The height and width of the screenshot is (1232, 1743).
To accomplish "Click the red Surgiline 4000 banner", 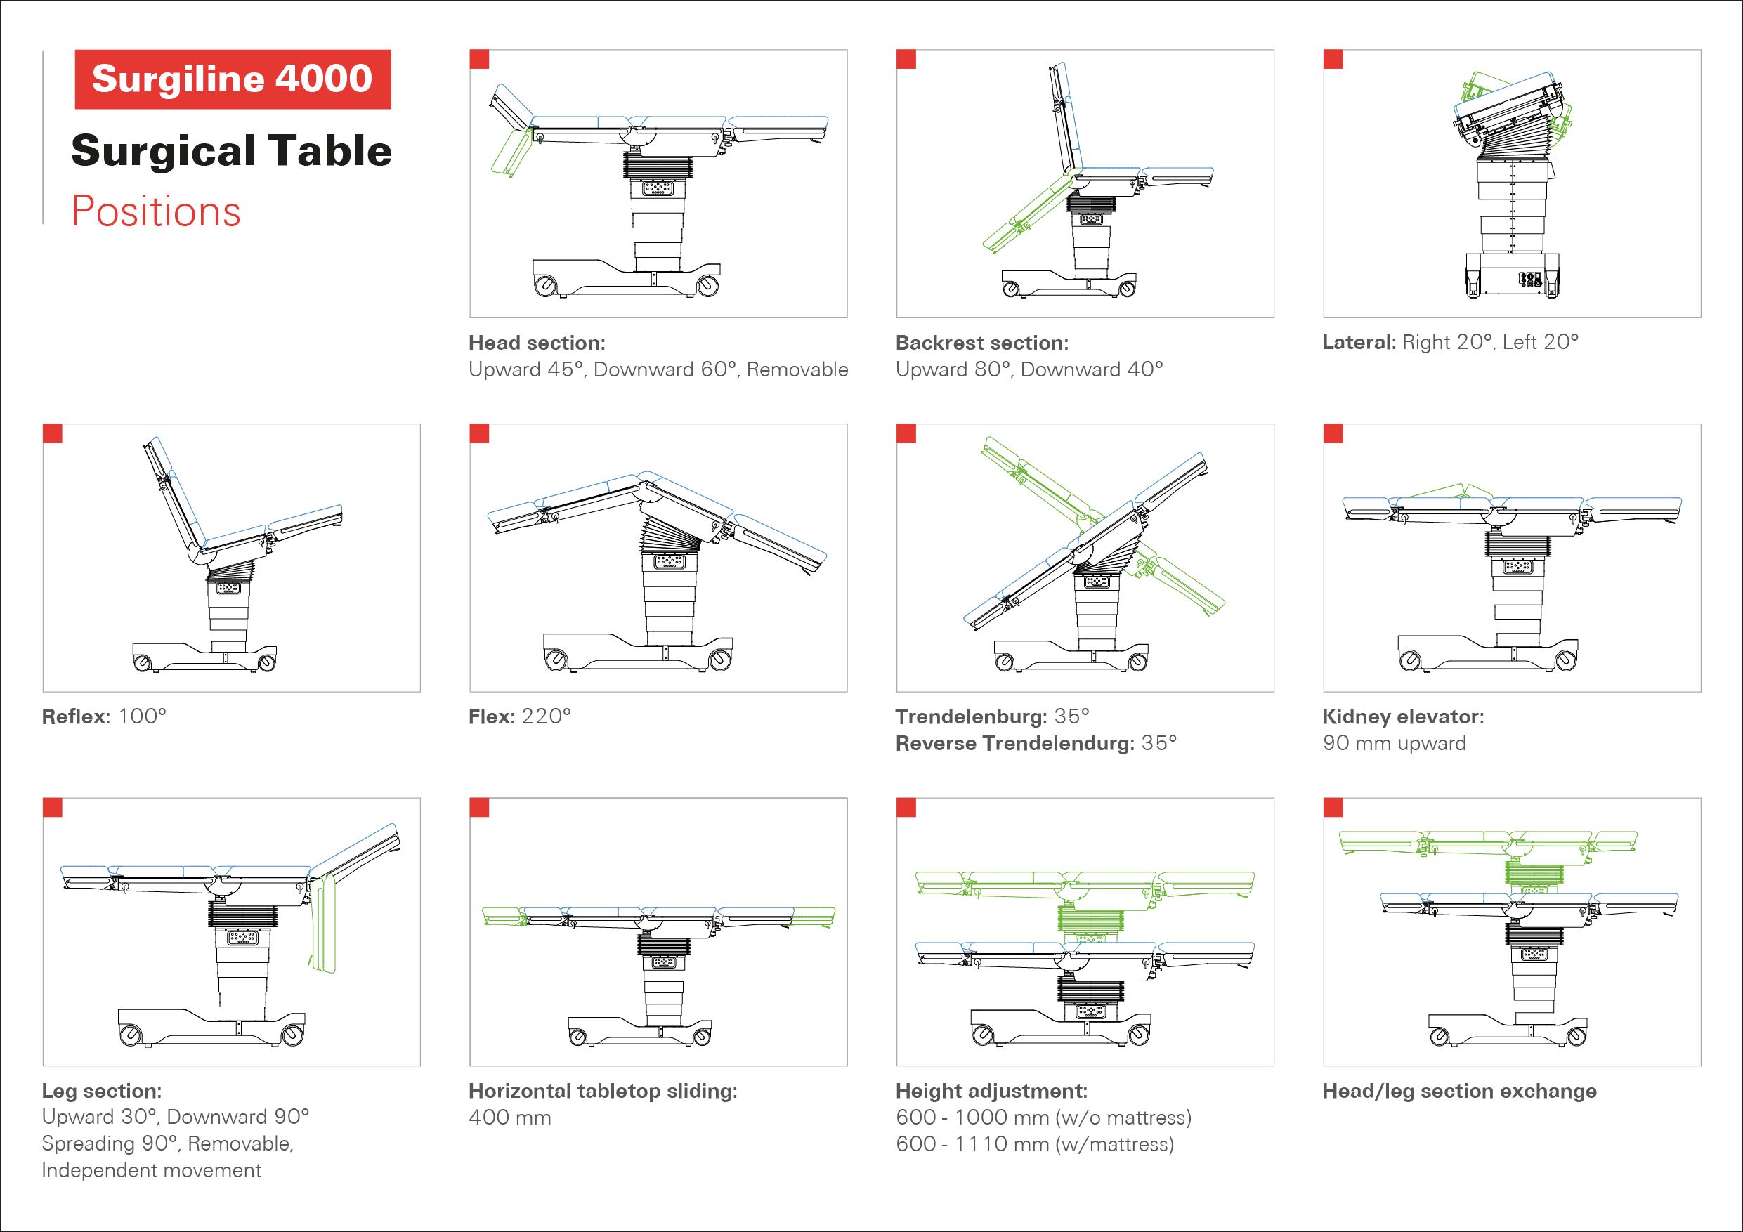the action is click(233, 79).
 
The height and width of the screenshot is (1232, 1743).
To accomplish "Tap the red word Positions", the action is click(156, 211).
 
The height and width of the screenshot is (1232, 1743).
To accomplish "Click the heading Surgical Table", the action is click(232, 150).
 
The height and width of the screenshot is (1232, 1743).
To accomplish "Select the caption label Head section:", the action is click(537, 343).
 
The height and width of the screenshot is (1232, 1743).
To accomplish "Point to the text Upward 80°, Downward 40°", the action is click(1029, 369).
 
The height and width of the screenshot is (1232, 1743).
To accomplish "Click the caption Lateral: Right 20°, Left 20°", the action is click(1450, 342).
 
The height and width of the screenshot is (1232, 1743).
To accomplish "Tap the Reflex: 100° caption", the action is click(104, 716).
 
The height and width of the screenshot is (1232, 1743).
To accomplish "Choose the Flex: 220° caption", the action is click(519, 716).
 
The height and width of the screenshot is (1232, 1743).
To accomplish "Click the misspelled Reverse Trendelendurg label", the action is click(1014, 743).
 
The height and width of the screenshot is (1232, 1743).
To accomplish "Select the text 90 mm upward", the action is click(1394, 743).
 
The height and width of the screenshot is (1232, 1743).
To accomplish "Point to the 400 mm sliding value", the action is click(509, 1118).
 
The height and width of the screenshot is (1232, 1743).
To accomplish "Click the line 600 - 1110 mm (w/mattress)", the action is click(1035, 1144).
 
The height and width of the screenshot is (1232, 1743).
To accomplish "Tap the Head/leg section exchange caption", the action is click(1459, 1092).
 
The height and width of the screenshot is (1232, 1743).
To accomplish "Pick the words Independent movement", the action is click(151, 1170).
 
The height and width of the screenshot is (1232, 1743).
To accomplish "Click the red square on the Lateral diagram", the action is click(1333, 59).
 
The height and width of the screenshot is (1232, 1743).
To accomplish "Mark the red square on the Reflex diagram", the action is click(53, 433).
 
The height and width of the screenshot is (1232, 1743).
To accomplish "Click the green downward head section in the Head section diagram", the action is click(511, 152).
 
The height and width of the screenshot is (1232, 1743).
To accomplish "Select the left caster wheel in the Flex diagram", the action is click(556, 660).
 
